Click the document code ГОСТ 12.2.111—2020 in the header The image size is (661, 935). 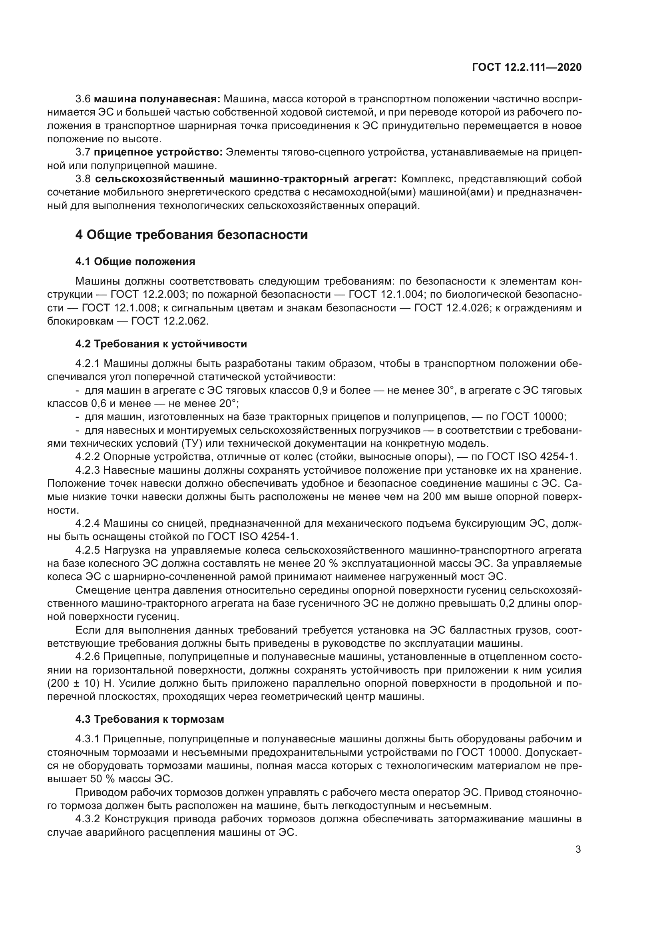point(527,67)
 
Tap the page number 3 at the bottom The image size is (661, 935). point(578,849)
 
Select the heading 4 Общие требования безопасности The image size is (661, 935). point(191,235)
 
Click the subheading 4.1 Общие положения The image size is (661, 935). point(135,261)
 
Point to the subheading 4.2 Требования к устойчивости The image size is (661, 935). point(161,344)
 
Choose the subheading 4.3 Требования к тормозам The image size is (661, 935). point(150,719)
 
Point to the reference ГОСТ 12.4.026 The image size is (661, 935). point(451,308)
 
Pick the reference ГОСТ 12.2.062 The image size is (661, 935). point(170,321)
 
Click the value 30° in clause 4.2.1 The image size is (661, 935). point(445,391)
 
